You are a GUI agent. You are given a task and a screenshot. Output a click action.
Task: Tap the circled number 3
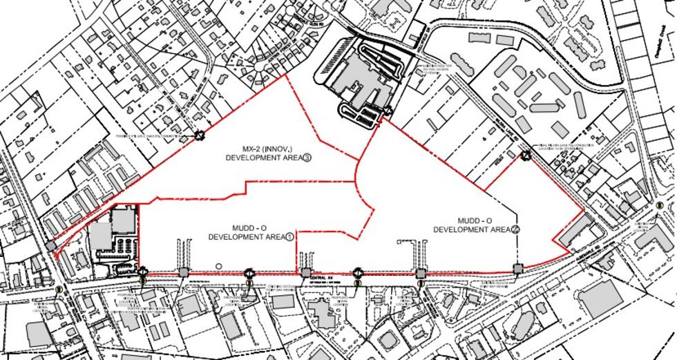[x=307, y=158]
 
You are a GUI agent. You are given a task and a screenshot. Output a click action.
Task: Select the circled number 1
[x=289, y=236]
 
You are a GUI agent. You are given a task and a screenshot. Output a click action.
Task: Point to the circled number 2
[x=515, y=229]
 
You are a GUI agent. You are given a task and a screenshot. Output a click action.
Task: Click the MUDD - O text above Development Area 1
[x=233, y=227]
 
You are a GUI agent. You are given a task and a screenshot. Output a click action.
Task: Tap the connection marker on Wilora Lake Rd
[x=526, y=155]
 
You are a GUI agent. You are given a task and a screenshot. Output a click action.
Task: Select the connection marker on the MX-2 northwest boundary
[x=199, y=136]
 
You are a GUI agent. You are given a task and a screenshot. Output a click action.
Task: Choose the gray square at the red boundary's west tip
[x=52, y=247]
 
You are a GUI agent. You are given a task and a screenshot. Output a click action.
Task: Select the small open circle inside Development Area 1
[x=219, y=266]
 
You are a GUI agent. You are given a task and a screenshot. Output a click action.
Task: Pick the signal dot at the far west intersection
[x=60, y=290]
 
